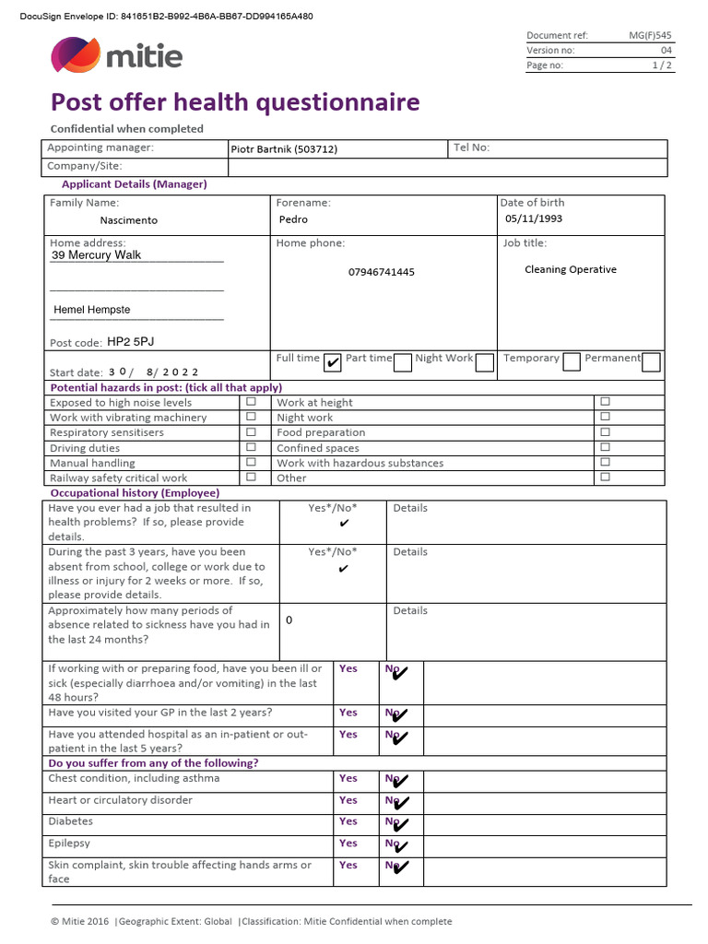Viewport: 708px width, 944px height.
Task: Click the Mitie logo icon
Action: coord(76,55)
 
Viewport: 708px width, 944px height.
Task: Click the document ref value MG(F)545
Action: coord(650,35)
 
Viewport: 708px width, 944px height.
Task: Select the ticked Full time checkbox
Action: coord(333,362)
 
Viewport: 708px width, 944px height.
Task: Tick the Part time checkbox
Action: coord(402,362)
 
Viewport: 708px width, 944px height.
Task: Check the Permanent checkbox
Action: coord(651,361)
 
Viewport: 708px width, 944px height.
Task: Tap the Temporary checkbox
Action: coord(571,361)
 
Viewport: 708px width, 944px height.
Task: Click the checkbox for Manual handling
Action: coord(251,462)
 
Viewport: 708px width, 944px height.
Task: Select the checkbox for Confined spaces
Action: coord(605,447)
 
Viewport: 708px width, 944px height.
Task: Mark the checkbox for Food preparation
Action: coord(605,431)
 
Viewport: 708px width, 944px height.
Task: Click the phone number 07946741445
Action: coord(381,272)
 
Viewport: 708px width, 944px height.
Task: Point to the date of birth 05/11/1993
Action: coord(533,218)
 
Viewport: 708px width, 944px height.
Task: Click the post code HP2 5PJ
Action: coord(131,341)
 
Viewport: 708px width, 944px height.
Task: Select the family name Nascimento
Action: coord(128,220)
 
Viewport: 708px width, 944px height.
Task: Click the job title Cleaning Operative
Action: coord(570,269)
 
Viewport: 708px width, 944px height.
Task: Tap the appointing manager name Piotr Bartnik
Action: coord(284,149)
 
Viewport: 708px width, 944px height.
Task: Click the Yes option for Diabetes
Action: coord(348,821)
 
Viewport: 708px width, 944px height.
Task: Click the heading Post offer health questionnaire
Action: coord(235,101)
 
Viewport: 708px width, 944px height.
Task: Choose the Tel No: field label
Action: coord(471,147)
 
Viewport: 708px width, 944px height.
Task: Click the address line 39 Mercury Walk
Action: coord(97,255)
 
